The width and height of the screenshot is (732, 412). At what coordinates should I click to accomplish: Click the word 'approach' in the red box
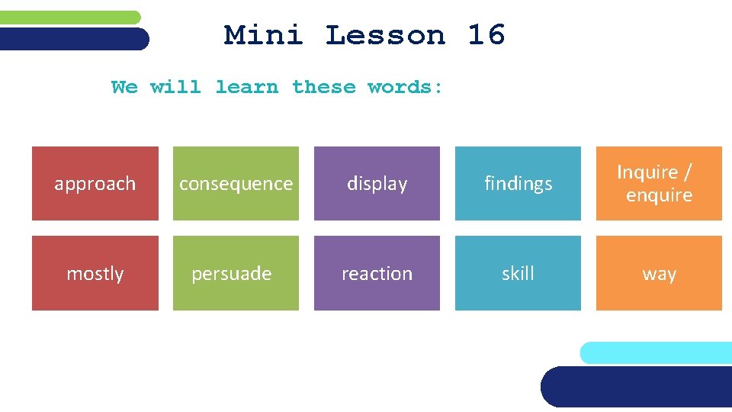pos(95,184)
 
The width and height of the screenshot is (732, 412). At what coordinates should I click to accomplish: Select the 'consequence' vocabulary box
pos(236,184)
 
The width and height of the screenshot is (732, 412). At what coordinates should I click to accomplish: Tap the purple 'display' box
pos(377,184)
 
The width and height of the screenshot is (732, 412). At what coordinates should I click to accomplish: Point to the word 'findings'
pos(518,184)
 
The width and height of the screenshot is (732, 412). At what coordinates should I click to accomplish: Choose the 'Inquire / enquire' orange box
pos(659,184)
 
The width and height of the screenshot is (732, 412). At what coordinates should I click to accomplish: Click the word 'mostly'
pos(95,273)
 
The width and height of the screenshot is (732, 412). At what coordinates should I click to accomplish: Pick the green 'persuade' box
pos(236,273)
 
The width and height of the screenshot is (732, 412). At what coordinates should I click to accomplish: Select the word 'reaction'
pos(377,273)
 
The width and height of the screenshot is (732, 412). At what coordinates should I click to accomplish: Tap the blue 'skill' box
pos(518,273)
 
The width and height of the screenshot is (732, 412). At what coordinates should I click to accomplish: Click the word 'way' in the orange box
pos(659,274)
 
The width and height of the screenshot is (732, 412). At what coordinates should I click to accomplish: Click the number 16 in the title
pos(486,35)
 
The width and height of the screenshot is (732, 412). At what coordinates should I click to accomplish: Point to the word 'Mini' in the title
pos(263,35)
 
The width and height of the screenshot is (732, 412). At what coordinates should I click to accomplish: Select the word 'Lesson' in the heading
pos(385,35)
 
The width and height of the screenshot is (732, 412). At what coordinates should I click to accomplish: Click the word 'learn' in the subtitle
pos(246,87)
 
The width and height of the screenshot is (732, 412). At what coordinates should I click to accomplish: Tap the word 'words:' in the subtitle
pos(405,87)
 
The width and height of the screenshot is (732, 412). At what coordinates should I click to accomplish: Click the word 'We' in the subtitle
pos(124,87)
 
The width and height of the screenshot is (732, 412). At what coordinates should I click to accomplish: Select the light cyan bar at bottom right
pos(656,352)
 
